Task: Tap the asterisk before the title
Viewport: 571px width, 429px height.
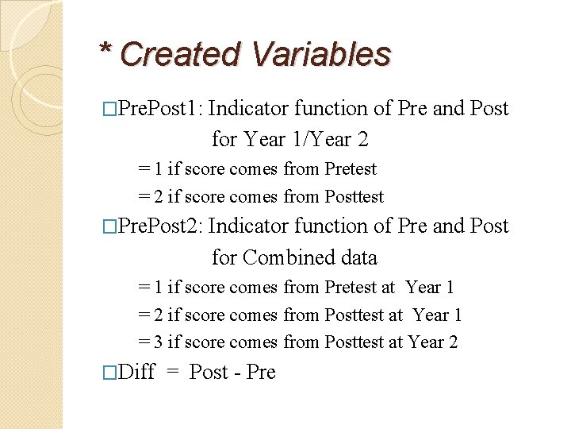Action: click(x=105, y=50)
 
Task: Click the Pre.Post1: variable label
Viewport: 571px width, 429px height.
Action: click(x=159, y=108)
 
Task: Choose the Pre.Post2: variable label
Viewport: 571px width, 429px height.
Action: click(x=159, y=226)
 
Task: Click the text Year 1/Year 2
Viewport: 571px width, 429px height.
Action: click(x=306, y=140)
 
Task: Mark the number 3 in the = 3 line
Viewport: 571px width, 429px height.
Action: click(x=159, y=342)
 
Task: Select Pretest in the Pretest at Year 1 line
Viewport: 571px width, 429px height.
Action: click(x=351, y=288)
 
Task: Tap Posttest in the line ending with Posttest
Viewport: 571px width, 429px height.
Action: click(x=354, y=196)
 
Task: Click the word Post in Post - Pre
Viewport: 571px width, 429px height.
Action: click(x=209, y=372)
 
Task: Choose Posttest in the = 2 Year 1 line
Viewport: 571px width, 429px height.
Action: click(x=354, y=315)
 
